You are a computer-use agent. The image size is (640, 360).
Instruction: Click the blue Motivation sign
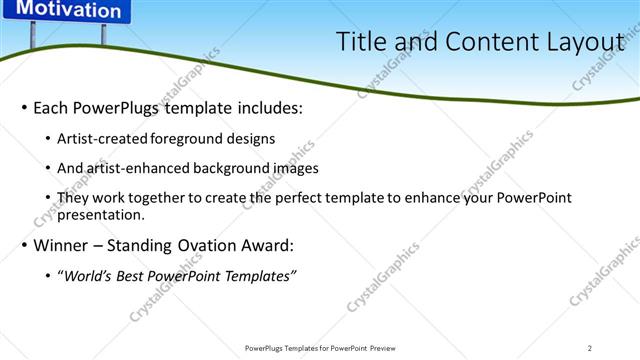(68, 11)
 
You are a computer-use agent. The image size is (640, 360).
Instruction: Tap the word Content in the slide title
(475, 42)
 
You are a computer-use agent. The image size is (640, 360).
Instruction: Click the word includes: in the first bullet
(267, 107)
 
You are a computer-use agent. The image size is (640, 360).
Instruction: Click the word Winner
(61, 245)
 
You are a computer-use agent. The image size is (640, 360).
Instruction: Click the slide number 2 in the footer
(590, 348)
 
